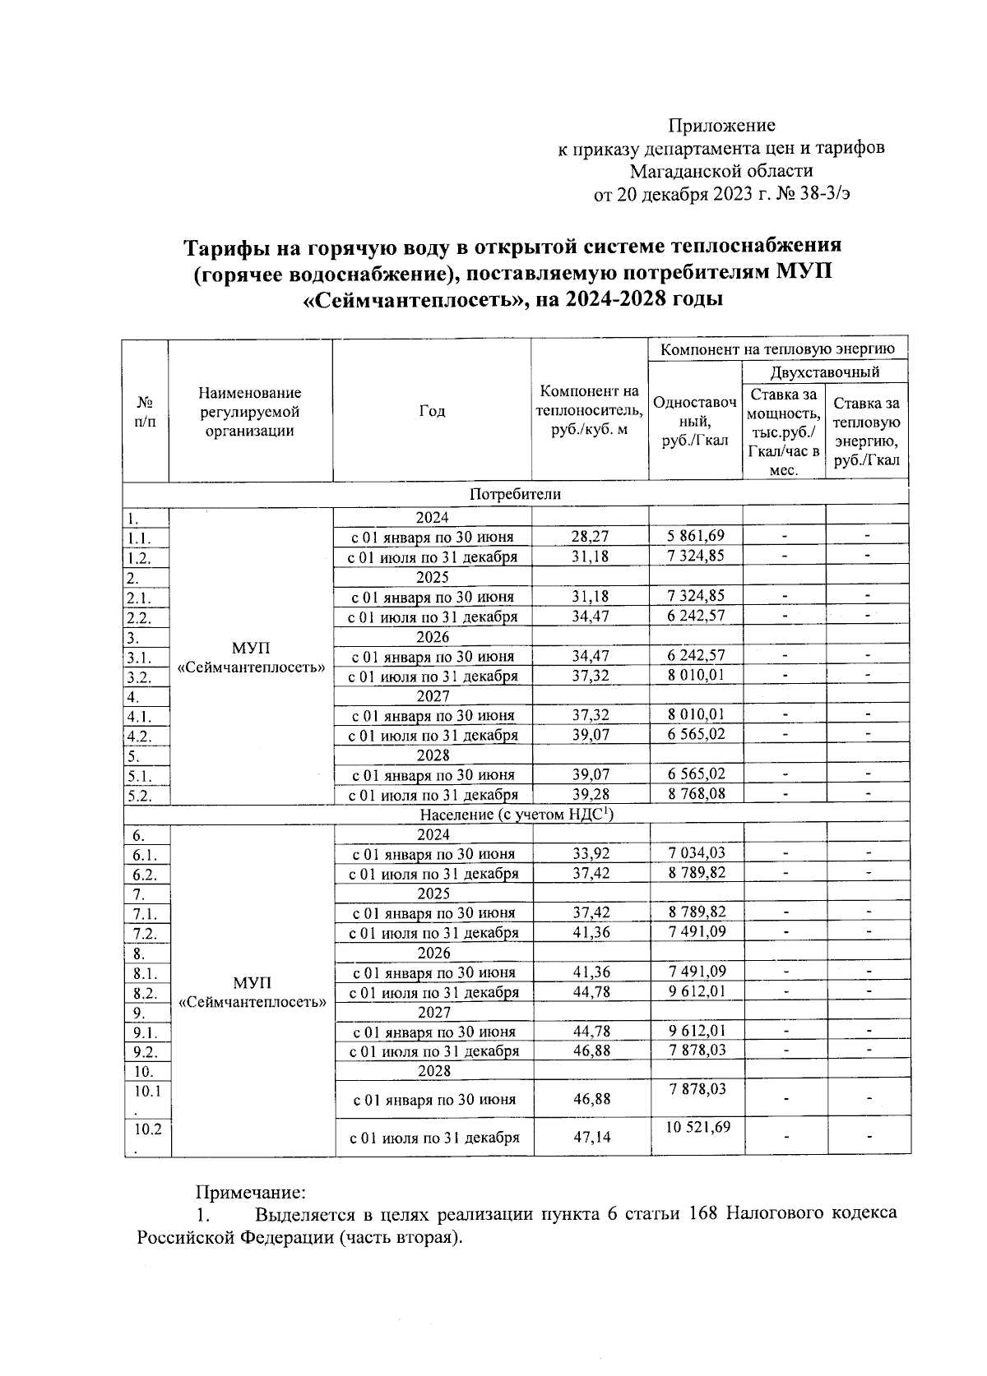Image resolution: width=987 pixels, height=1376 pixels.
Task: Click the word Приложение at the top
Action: (721, 126)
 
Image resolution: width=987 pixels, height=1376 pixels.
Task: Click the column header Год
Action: (432, 411)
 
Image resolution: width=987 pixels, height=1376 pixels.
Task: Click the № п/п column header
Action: (146, 411)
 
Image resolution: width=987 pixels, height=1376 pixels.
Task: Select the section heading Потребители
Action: (516, 494)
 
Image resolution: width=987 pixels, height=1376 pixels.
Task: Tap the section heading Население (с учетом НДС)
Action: (516, 815)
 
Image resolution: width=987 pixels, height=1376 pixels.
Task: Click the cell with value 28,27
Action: (591, 537)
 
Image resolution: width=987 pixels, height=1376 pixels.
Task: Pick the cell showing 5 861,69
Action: (696, 536)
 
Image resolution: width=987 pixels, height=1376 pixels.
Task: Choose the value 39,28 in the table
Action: (591, 795)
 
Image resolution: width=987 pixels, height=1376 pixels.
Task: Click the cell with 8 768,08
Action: (696, 794)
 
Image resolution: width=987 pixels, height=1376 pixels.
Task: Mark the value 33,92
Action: (591, 854)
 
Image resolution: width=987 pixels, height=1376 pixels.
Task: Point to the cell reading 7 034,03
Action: (697, 853)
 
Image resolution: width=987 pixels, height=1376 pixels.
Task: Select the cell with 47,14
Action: (591, 1138)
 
